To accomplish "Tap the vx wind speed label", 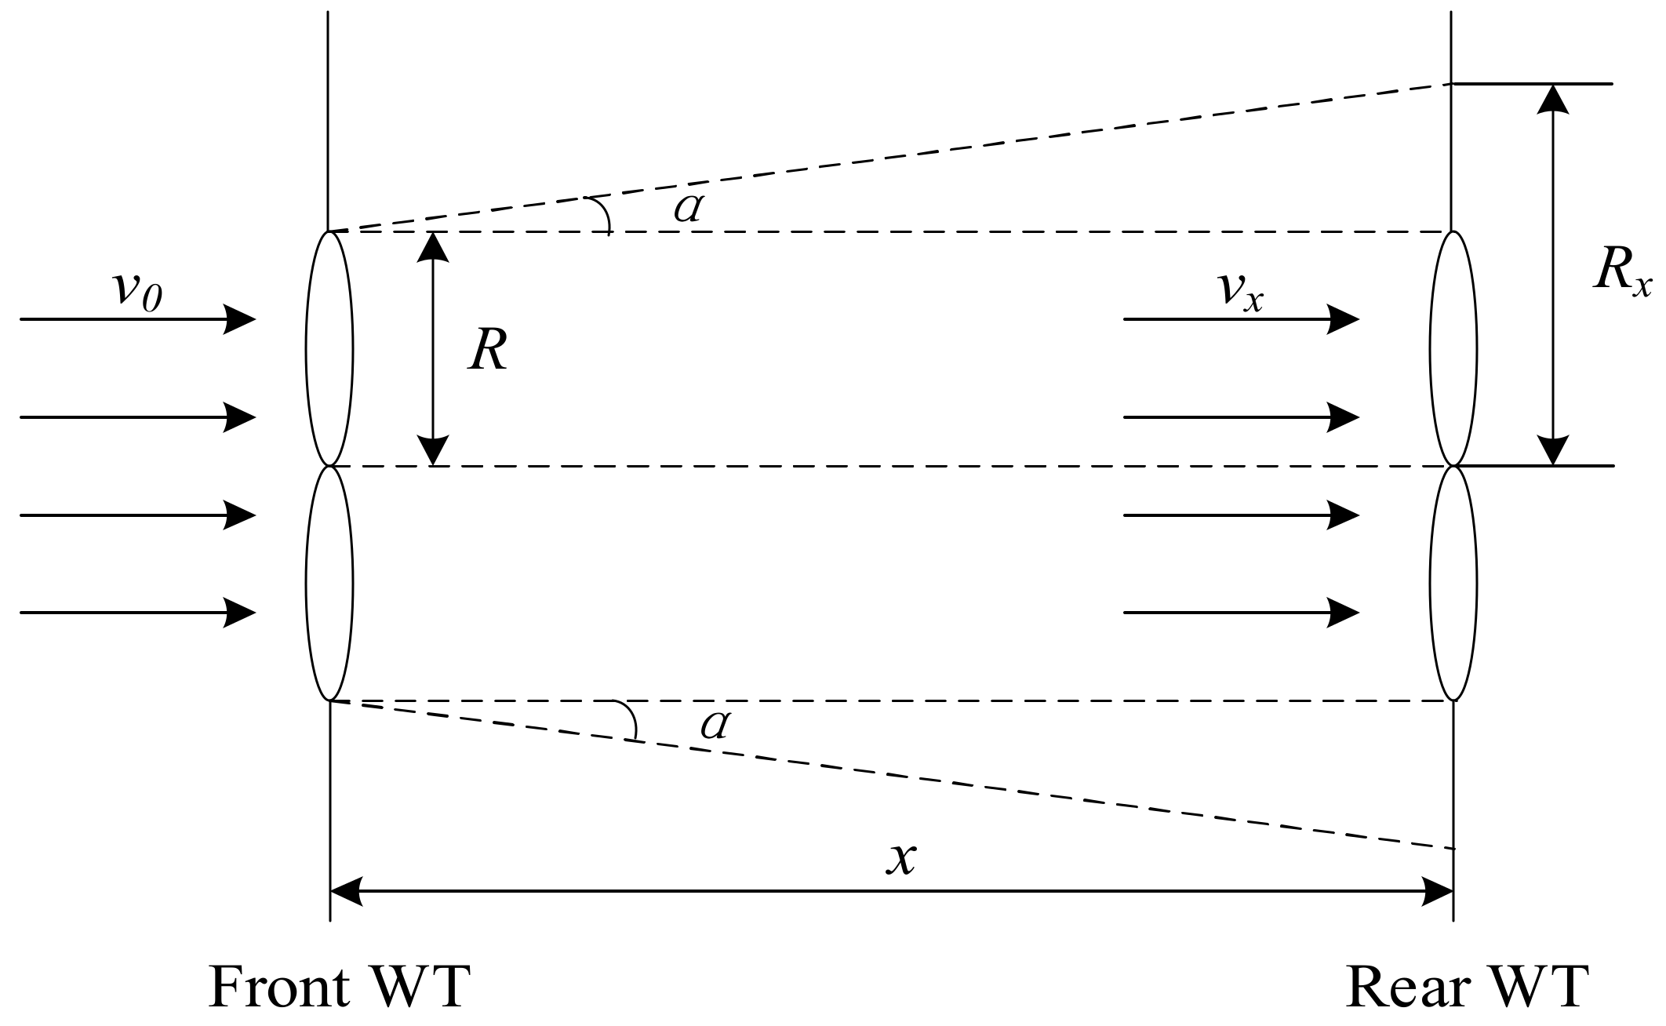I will (x=1241, y=292).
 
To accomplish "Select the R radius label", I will (x=488, y=350).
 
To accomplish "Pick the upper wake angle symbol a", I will (x=688, y=209).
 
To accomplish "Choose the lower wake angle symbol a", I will (x=715, y=726).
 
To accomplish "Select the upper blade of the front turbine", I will (x=329, y=349).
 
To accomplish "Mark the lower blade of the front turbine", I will (x=329, y=583).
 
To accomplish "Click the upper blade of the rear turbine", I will (x=1453, y=349).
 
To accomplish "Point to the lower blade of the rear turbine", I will (x=1453, y=583).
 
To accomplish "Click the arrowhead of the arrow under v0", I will (x=239, y=319).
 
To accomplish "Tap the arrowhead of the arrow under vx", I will (x=1342, y=319).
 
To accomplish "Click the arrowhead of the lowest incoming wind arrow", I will (x=239, y=613).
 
